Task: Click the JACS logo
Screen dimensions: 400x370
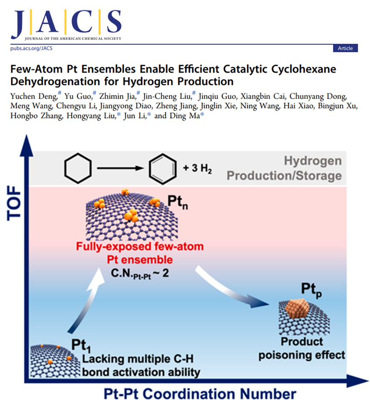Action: click(66, 23)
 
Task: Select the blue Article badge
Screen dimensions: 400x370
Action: click(345, 48)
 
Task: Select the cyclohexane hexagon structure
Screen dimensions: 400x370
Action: click(78, 167)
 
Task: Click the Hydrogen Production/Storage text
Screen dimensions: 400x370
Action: click(284, 168)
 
